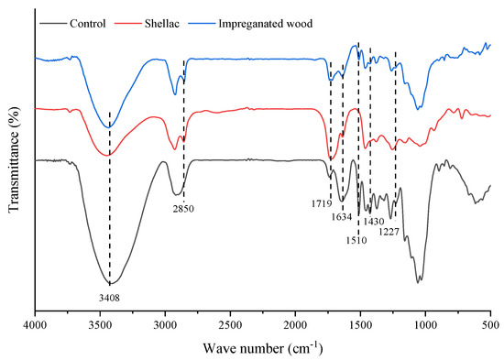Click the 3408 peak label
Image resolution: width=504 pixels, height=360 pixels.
tap(109, 297)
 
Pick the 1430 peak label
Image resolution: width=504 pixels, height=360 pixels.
tap(373, 222)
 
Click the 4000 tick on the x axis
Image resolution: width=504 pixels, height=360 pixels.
tap(35, 325)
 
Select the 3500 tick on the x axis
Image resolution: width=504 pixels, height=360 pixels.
tap(100, 325)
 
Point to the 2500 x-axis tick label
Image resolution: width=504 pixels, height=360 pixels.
tap(230, 325)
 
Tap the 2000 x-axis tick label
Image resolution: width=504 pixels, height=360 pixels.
tap(295, 325)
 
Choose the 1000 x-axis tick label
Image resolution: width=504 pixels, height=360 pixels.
tap(425, 325)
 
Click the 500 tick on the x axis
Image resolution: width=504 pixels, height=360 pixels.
tap(490, 325)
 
